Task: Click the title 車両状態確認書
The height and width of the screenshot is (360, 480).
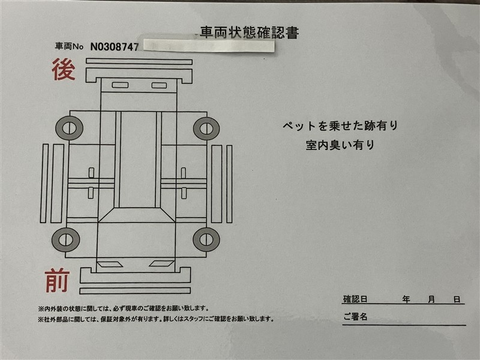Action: (249, 33)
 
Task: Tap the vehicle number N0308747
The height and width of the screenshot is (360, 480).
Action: (115, 47)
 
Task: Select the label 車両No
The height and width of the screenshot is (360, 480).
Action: (69, 46)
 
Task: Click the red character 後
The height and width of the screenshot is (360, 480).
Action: (64, 70)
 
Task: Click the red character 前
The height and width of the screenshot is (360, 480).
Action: (57, 280)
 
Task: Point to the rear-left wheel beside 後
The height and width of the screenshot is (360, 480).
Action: (69, 128)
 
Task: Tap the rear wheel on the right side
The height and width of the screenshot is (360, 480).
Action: (206, 128)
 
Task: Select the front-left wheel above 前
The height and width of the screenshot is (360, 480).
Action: (66, 239)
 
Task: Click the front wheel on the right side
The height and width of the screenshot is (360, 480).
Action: (206, 239)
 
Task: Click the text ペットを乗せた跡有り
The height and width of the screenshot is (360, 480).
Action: (340, 125)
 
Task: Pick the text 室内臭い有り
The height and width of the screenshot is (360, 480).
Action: (340, 145)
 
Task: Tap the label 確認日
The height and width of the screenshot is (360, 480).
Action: (355, 299)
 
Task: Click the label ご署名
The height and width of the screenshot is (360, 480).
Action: (355, 316)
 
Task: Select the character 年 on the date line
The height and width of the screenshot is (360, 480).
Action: (406, 299)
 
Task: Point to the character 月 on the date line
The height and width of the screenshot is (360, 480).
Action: (431, 299)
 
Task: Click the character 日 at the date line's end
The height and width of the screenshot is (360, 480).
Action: (457, 299)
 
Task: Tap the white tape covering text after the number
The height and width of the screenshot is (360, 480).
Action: (209, 46)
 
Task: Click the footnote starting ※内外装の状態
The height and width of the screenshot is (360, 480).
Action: (124, 308)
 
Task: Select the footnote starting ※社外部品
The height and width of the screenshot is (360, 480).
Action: (156, 319)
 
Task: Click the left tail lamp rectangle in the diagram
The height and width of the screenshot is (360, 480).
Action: (120, 85)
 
